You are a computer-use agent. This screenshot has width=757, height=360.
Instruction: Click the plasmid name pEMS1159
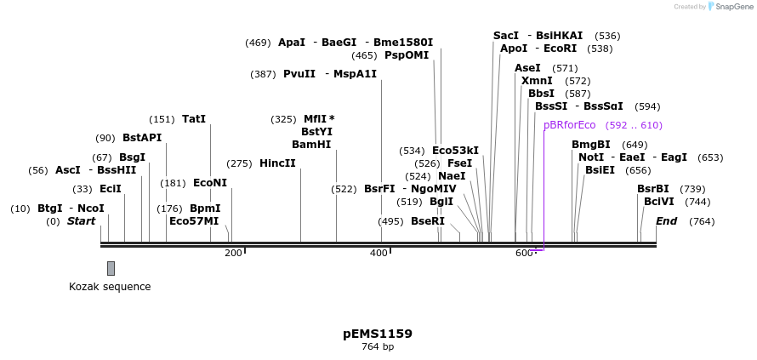[x=378, y=334]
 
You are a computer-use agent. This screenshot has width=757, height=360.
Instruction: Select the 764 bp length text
[x=378, y=346]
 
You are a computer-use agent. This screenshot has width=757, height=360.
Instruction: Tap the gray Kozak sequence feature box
[x=111, y=268]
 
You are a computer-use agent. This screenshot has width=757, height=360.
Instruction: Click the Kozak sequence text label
[x=110, y=287]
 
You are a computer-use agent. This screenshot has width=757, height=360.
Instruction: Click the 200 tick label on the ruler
[x=233, y=253]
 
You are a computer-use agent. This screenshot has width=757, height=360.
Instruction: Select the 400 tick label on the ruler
[x=379, y=253]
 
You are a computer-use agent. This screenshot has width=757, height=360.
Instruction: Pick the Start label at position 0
[x=81, y=221]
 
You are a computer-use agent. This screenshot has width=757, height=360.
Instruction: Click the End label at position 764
[x=666, y=221]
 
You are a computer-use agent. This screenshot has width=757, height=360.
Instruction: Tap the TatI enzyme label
[x=194, y=119]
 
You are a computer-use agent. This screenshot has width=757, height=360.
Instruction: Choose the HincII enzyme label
[x=277, y=163]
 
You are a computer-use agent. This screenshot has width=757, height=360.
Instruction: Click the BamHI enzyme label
[x=311, y=145]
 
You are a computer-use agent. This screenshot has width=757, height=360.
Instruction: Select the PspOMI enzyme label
[x=407, y=55]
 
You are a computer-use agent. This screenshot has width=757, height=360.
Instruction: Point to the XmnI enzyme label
[x=537, y=81]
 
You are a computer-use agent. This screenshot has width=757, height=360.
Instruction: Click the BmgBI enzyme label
[x=590, y=145]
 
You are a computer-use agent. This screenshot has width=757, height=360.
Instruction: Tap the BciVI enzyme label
[x=658, y=202]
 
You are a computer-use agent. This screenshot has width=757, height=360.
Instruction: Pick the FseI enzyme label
[x=459, y=163]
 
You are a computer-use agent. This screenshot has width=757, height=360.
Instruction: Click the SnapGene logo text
[x=733, y=7]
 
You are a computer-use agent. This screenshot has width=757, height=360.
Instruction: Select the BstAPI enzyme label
[x=142, y=138]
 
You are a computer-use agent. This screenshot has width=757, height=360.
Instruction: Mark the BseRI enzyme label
[x=428, y=221]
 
